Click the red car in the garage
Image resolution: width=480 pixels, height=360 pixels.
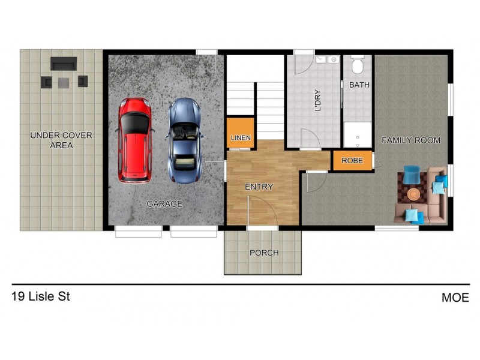point(135,140)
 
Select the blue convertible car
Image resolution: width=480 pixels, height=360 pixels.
point(184,140)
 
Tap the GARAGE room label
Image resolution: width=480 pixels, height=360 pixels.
point(164,204)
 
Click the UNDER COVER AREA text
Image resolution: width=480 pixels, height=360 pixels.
point(61,140)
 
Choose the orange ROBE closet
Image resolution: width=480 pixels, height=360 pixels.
point(352,161)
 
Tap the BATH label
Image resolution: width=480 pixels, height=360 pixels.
point(359,85)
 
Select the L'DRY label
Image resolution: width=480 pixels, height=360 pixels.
point(318,101)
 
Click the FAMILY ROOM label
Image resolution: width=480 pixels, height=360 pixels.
point(411,140)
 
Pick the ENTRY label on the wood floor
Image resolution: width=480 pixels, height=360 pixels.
point(259,187)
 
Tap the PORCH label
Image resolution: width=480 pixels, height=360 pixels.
point(264,253)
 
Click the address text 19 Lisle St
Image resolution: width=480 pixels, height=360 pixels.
point(40,296)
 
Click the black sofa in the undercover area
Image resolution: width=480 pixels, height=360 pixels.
point(64,63)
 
